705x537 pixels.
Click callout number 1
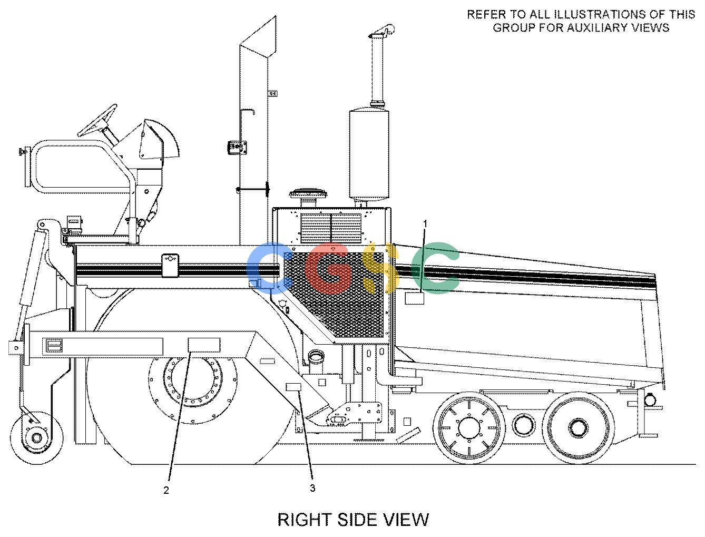coord(425,224)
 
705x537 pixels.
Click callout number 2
coord(166,491)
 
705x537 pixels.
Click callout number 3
coord(312,488)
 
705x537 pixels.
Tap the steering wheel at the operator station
coord(97,120)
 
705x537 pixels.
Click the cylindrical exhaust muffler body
coord(369,154)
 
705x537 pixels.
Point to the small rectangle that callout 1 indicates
coord(414,298)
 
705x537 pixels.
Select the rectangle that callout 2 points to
coord(204,345)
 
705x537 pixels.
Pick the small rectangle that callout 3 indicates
coord(293,387)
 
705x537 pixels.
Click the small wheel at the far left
coord(36,437)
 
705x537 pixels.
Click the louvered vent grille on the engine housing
coord(330,228)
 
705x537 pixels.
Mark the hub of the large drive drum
coord(193,382)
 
